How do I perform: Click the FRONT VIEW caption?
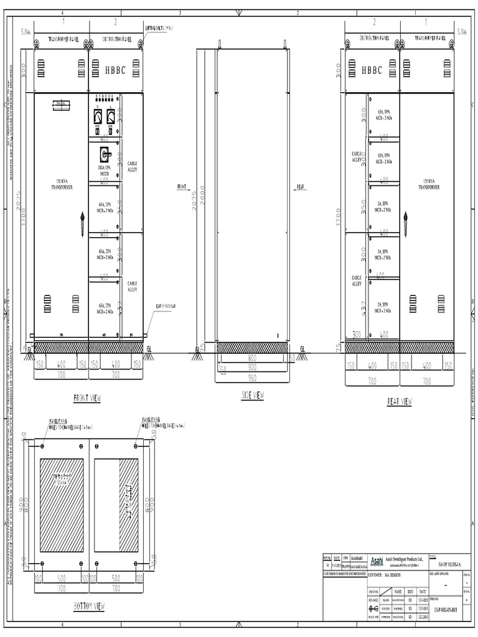pos(87,398)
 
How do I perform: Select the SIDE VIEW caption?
pos(252,395)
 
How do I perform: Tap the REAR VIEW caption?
pos(399,402)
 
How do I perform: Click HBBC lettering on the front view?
pos(115,70)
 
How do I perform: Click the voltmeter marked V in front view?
pos(98,116)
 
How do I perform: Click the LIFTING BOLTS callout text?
pos(159,28)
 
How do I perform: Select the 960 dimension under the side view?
pos(252,377)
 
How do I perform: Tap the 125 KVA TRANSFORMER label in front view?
pos(62,184)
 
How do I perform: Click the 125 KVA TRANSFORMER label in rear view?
pos(428,184)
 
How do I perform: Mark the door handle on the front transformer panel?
pos(82,224)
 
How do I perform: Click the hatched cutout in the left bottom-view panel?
pos(62,505)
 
